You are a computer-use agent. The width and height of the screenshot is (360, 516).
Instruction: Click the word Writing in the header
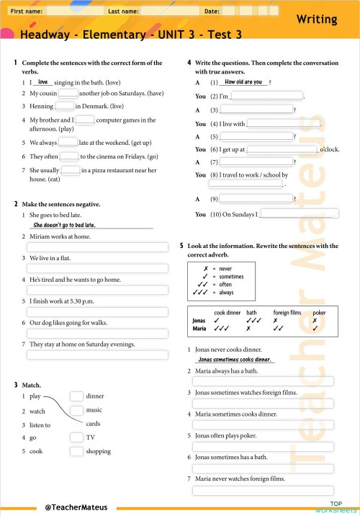point(320,20)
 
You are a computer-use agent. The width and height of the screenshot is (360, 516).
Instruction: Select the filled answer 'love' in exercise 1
point(42,82)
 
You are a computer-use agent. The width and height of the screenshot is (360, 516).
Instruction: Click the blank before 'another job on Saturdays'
point(68,94)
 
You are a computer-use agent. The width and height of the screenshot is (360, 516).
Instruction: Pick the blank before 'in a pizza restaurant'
point(71,171)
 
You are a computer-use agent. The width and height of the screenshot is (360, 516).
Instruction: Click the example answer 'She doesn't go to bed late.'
point(65,225)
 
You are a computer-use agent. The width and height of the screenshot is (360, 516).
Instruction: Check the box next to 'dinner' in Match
point(76,396)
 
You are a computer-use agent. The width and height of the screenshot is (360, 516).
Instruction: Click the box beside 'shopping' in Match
point(76,452)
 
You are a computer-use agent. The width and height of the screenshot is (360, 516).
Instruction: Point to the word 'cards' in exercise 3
point(93,424)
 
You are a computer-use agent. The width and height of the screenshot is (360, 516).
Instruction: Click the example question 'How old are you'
point(243,82)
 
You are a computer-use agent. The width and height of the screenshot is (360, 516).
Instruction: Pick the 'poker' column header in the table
point(319,313)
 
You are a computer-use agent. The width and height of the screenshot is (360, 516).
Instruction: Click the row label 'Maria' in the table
point(199,329)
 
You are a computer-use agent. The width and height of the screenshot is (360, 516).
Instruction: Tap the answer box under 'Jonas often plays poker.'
point(262,447)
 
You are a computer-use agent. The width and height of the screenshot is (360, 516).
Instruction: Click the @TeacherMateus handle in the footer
point(76,507)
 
